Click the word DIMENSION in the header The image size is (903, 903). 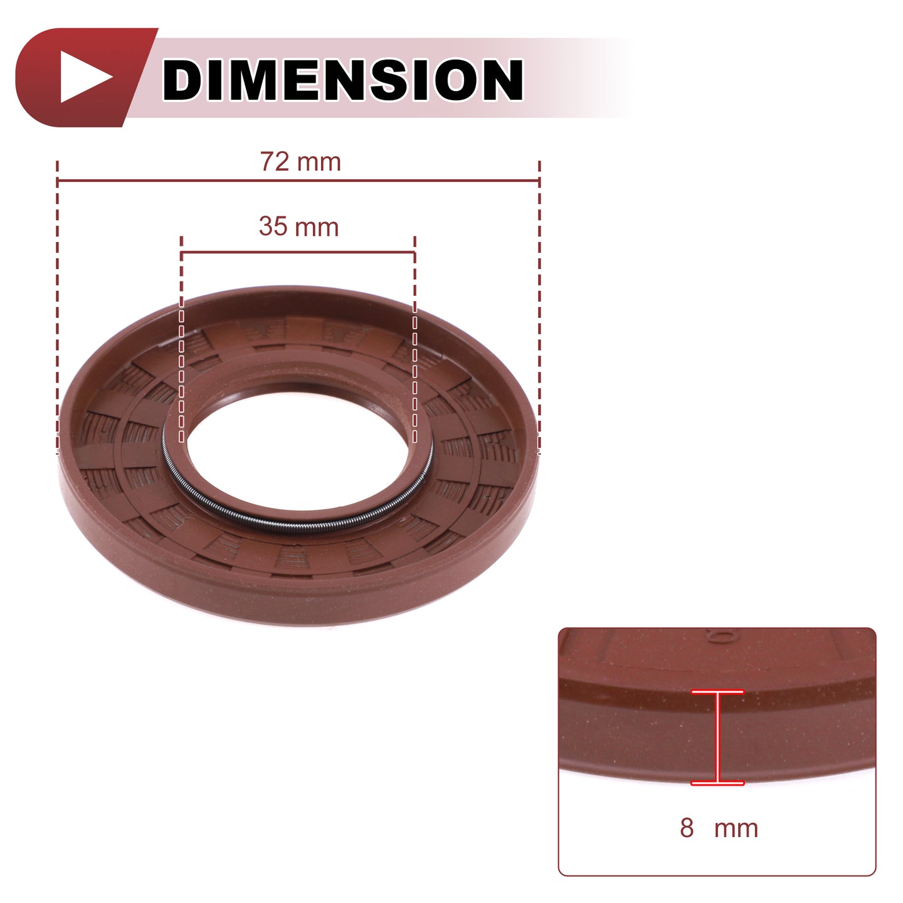(x=342, y=79)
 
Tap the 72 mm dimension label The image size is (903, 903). (x=301, y=162)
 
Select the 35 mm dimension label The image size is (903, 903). (x=299, y=226)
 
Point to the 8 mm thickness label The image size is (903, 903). (x=719, y=828)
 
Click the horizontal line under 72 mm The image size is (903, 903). (x=298, y=180)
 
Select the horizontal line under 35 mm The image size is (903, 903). (x=298, y=253)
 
